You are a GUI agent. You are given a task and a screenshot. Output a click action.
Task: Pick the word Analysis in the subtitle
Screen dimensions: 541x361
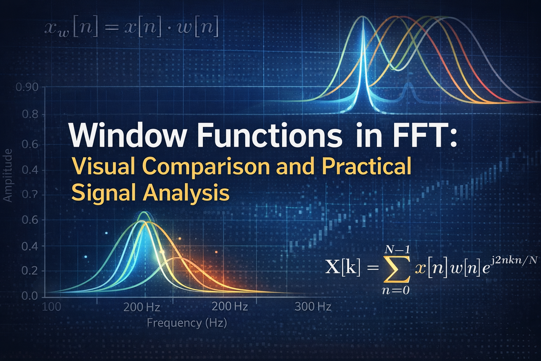point(186,194)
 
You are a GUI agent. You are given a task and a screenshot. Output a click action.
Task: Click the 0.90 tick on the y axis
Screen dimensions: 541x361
point(27,88)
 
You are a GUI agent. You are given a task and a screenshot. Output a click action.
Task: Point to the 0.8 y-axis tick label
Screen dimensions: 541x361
point(30,114)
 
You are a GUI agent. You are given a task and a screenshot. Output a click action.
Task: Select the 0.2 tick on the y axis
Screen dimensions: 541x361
point(30,271)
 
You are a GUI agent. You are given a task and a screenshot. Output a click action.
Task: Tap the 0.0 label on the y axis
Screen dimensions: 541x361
point(30,296)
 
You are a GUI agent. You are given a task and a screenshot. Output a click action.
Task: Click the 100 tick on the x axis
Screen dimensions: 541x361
point(52,307)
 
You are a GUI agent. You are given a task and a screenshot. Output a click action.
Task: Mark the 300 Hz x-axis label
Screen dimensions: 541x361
point(313,307)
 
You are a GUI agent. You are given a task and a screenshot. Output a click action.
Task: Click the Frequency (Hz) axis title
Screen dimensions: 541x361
point(187,323)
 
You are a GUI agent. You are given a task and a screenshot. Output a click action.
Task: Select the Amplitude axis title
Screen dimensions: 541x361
point(8,176)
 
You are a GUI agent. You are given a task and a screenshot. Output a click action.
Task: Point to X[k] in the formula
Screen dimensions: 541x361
point(343,268)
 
